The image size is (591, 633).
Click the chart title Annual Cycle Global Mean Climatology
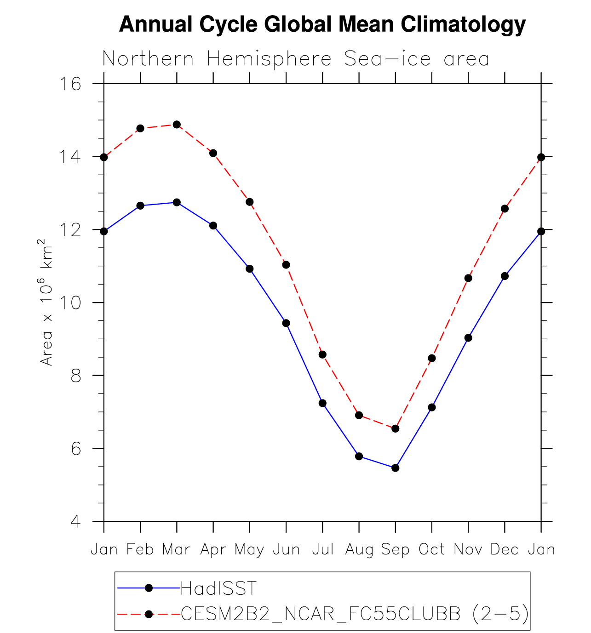coord(322,24)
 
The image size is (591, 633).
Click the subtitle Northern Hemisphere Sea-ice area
coord(295,59)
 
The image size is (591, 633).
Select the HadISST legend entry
coord(218,588)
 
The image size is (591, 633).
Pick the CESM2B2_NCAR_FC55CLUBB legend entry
coord(354,614)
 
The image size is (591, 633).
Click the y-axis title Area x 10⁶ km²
coord(46,302)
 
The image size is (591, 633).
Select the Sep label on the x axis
coord(395,549)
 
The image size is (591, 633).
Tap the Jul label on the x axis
coord(322,549)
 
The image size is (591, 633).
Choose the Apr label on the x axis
coord(213,549)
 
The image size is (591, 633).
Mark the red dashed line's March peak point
coord(177,125)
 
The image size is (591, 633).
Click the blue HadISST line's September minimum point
coord(395,468)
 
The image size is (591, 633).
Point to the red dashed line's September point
coord(395,428)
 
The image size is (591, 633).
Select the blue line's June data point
coord(286,323)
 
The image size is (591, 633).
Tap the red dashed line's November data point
coord(468,278)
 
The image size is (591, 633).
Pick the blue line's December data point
coord(505,276)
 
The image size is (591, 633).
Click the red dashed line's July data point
coord(322,354)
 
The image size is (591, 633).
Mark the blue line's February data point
coord(140,205)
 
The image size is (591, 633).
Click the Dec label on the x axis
coord(505,549)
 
